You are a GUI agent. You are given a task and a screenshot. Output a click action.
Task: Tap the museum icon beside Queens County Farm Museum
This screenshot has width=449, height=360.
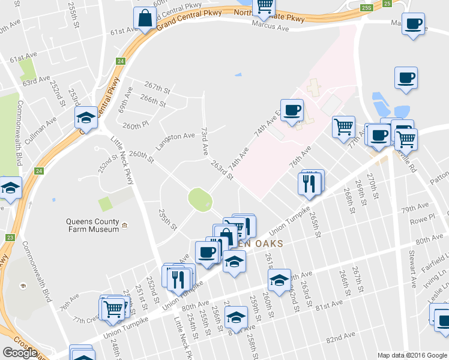click(125, 226)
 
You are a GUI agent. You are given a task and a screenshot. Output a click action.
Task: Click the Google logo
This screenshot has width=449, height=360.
click(19, 353)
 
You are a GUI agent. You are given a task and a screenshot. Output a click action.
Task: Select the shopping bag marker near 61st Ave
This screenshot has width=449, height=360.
click(146, 19)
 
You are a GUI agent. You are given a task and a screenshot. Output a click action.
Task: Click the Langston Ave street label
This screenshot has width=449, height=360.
click(175, 141)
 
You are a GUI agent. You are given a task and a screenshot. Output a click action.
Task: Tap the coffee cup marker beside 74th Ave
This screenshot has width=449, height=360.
click(292, 110)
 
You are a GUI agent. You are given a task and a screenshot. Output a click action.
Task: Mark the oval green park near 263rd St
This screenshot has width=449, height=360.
click(200, 199)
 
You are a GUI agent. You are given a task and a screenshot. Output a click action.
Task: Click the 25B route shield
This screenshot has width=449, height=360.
click(367, 7)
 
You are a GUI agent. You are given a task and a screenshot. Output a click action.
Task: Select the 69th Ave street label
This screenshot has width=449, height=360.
click(125, 100)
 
